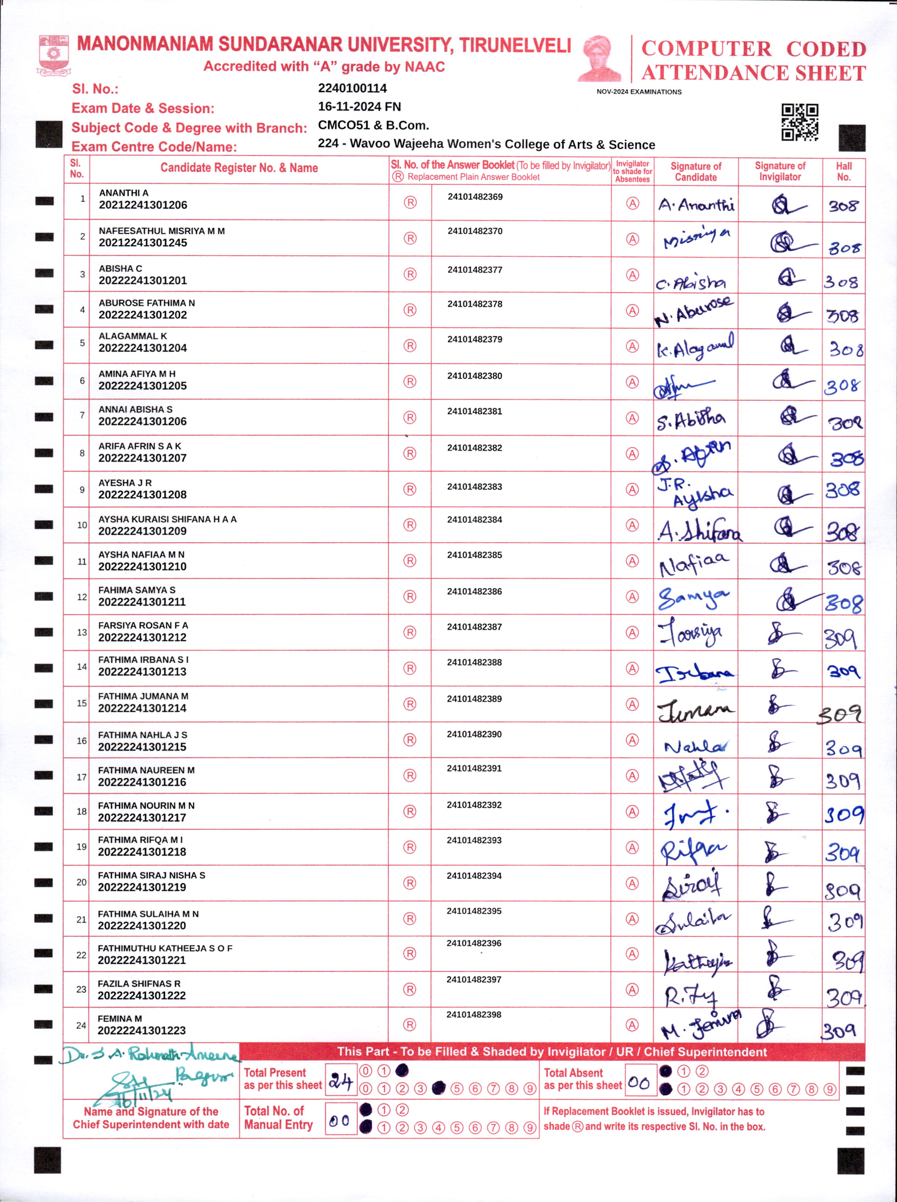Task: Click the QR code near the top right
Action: (x=799, y=122)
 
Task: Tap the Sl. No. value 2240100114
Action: (x=352, y=88)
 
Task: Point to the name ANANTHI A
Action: (x=123, y=193)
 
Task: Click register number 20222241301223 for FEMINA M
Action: (x=142, y=1030)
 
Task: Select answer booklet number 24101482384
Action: (x=475, y=520)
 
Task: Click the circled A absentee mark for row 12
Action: (x=632, y=597)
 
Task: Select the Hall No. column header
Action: (x=843, y=171)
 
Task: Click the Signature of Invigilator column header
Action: (x=780, y=171)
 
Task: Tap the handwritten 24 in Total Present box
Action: (x=340, y=1081)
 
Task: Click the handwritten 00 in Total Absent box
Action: (x=639, y=1083)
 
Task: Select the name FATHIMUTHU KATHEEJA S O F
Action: (x=165, y=948)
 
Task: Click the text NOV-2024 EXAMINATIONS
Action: (x=639, y=92)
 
